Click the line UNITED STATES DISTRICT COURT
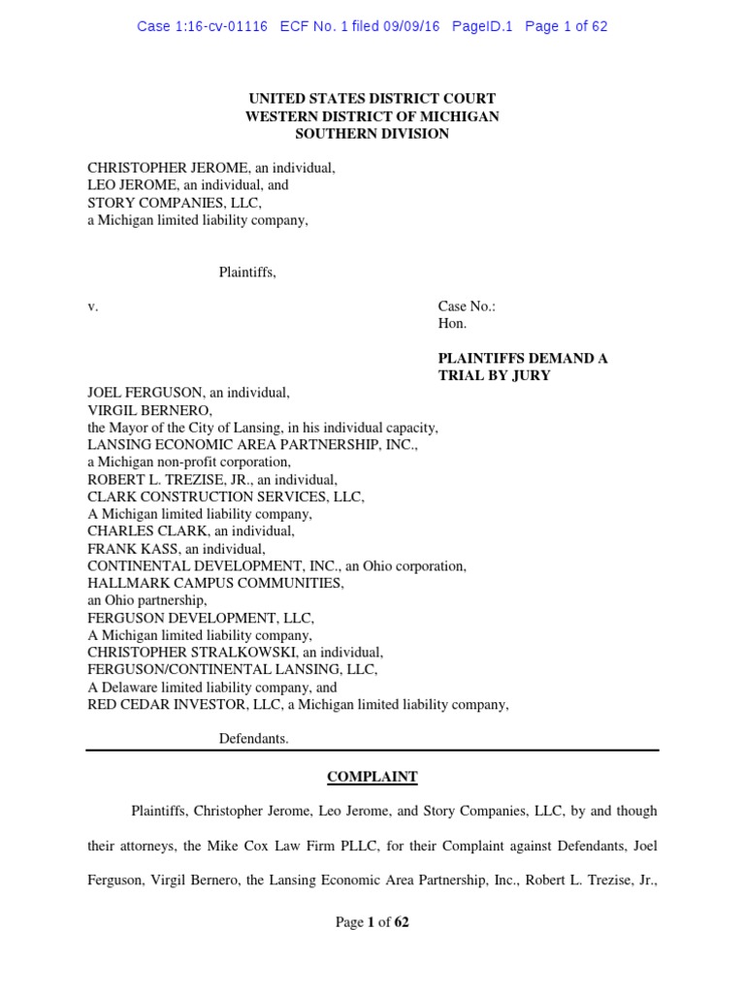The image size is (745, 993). [372, 99]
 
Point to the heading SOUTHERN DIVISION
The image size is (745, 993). [372, 134]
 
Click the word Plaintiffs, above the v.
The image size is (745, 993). [247, 272]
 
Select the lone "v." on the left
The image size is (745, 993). [93, 306]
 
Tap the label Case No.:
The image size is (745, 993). [467, 306]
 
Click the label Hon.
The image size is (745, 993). [452, 324]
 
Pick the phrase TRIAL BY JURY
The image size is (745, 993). [494, 375]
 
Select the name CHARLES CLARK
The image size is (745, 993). [143, 531]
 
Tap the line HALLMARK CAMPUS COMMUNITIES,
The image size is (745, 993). [215, 584]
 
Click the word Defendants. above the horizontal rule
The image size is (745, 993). [253, 739]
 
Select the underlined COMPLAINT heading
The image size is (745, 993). [372, 777]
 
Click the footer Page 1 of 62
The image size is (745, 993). [372, 922]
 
